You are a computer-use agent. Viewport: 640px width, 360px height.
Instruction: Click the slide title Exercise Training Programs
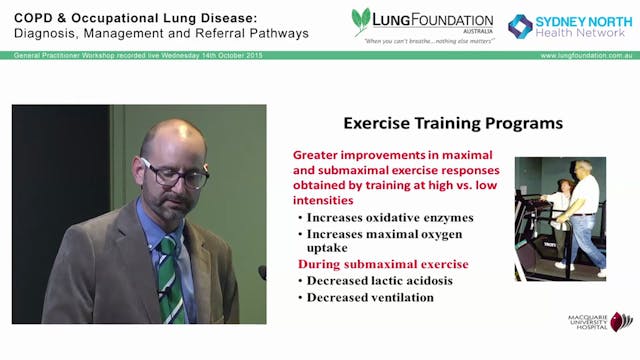(x=452, y=124)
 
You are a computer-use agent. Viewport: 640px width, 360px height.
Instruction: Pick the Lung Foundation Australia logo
(x=421, y=24)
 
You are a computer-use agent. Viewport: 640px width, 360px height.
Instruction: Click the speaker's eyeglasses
(x=176, y=174)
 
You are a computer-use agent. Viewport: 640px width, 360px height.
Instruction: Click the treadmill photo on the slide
(x=559, y=217)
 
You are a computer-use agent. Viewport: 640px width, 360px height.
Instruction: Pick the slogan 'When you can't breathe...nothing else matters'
(x=422, y=42)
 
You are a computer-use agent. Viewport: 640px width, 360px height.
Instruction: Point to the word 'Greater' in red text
(x=319, y=156)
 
